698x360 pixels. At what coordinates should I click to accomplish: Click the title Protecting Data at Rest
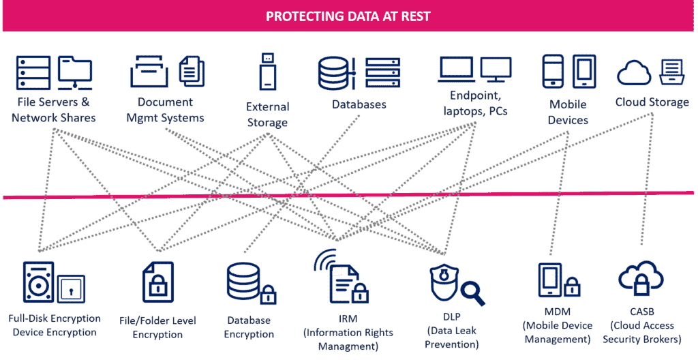(x=348, y=17)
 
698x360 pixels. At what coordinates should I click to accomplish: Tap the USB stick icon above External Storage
(x=267, y=72)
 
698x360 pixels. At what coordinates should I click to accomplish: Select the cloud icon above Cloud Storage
(x=634, y=73)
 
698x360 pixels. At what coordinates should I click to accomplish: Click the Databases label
(x=359, y=105)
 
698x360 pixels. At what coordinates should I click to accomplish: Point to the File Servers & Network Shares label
(x=53, y=110)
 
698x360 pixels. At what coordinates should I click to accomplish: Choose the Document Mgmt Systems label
(x=165, y=110)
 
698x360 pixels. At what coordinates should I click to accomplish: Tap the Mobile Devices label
(x=568, y=112)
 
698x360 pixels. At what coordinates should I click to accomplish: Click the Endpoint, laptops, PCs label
(x=475, y=104)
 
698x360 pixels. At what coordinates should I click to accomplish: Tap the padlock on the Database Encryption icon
(x=267, y=294)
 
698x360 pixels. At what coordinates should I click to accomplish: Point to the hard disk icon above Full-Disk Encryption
(x=38, y=282)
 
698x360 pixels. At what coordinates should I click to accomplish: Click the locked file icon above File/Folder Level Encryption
(x=158, y=282)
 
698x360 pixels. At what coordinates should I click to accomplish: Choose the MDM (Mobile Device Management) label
(x=558, y=325)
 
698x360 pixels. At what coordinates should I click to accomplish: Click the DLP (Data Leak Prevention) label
(x=452, y=331)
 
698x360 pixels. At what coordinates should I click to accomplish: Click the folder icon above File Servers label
(x=75, y=72)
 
